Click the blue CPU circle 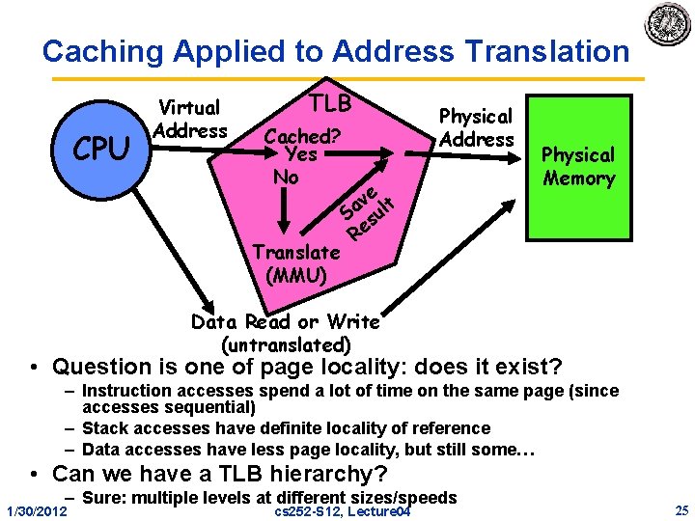(x=101, y=150)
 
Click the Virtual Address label (x=190, y=119)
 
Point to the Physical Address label (x=476, y=127)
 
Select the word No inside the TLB (x=286, y=178)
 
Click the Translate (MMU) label (x=295, y=263)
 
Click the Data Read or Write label (x=286, y=321)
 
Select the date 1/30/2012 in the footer (x=35, y=509)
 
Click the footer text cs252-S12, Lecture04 (x=343, y=510)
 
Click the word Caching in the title (x=100, y=50)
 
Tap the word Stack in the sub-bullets (x=104, y=427)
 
